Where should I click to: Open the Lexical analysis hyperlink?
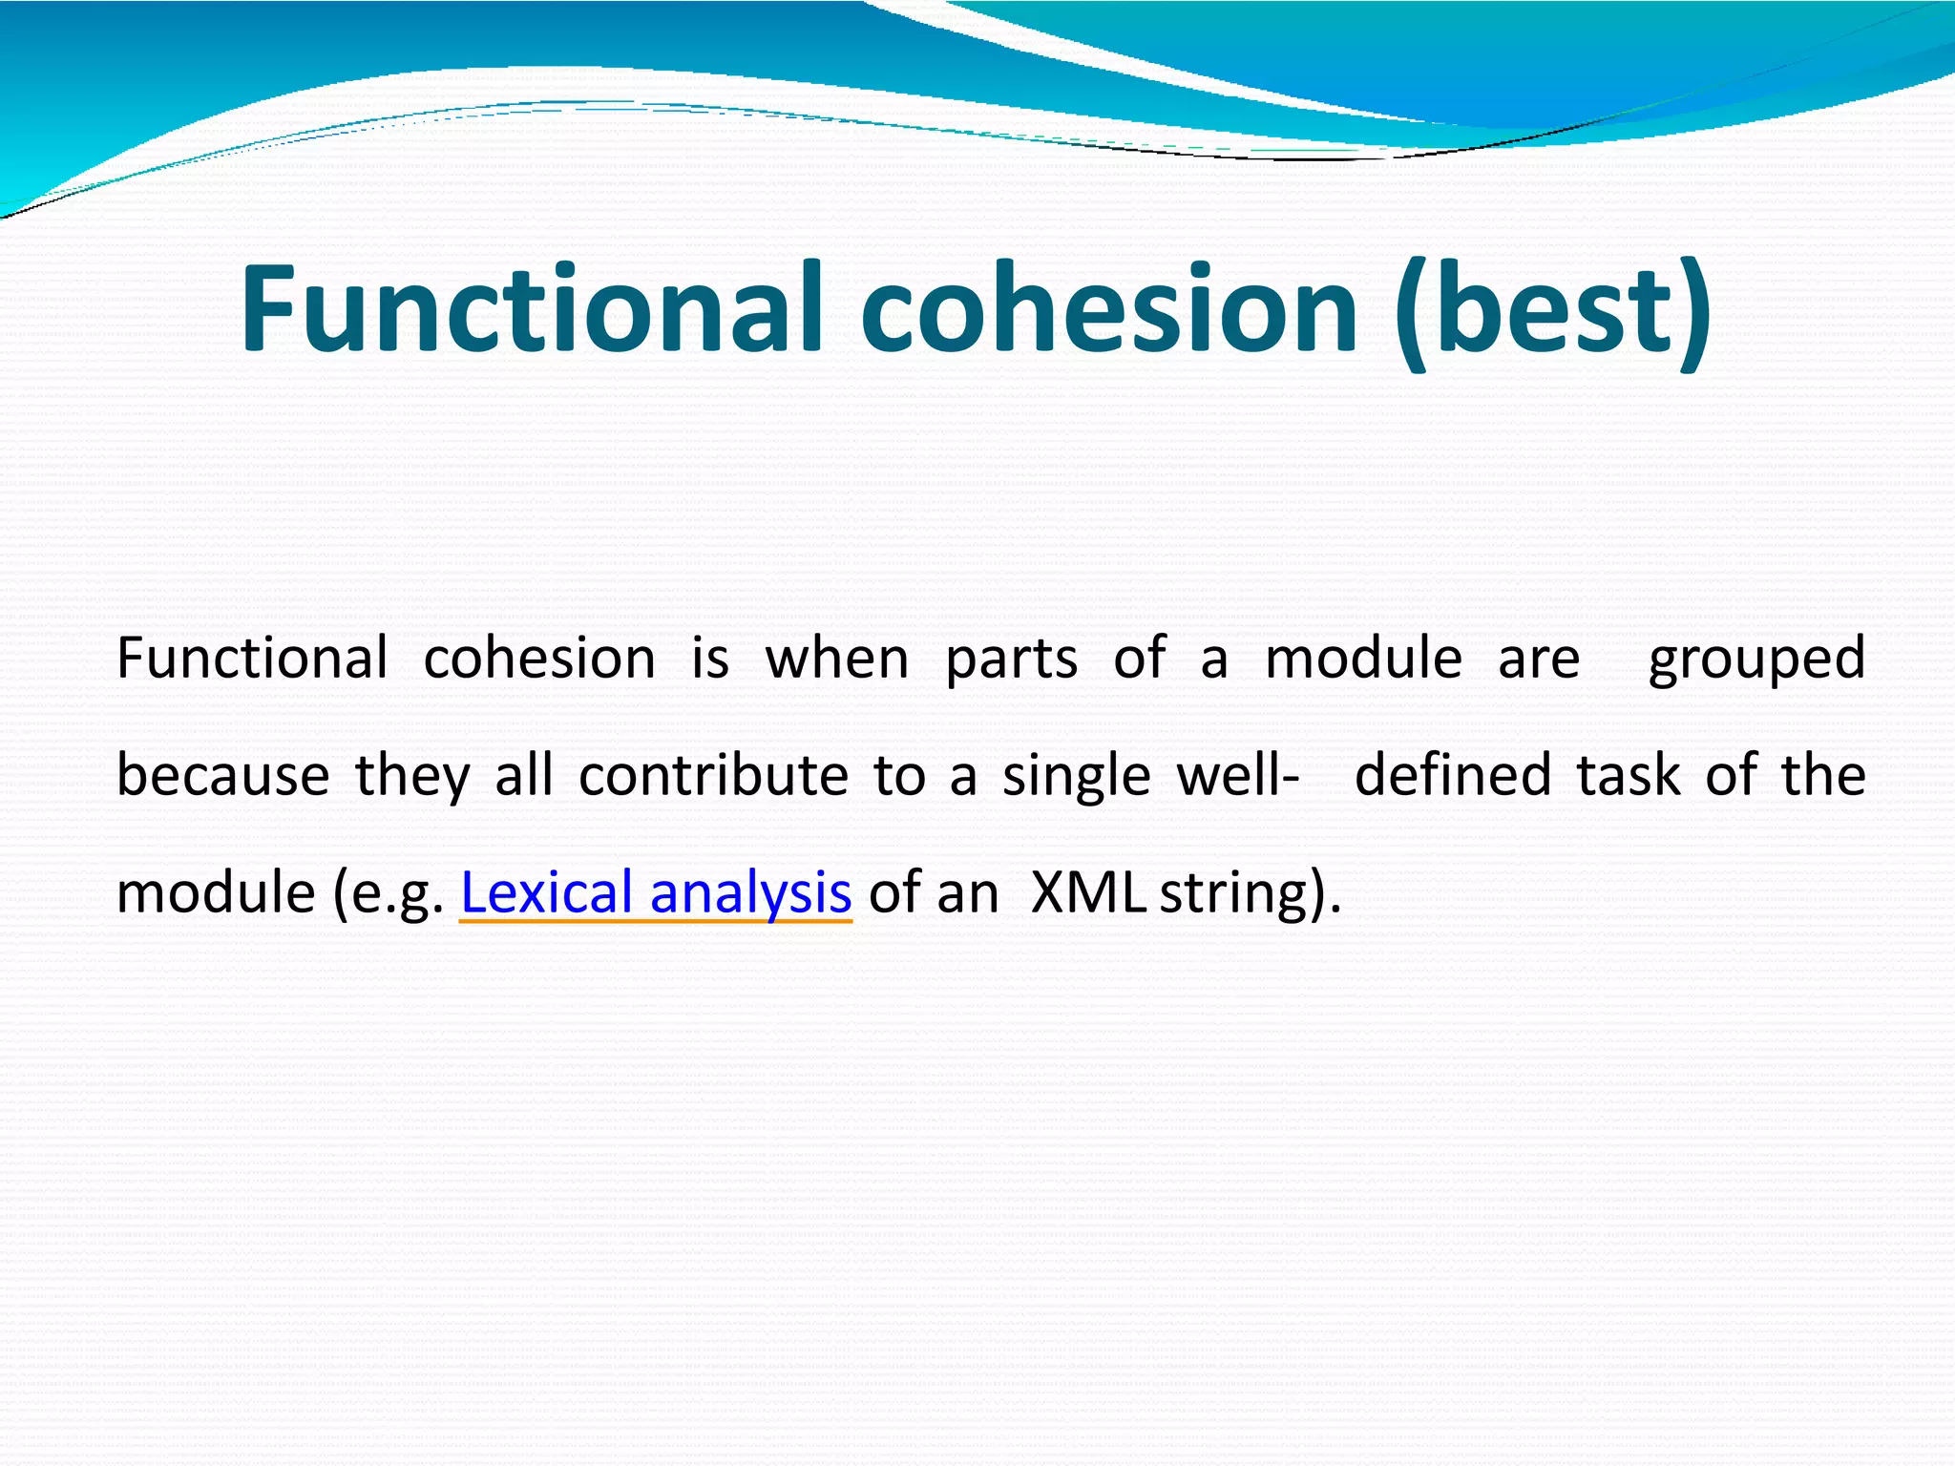click(656, 892)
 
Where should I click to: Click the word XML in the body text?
click(1089, 892)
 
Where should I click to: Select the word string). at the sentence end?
click(1250, 892)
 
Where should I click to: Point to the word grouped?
click(1756, 659)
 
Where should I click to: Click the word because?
click(222, 775)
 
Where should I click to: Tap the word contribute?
click(713, 775)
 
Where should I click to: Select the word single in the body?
click(1076, 775)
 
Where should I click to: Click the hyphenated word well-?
click(1237, 775)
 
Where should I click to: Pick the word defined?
click(1452, 775)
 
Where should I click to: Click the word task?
click(1628, 775)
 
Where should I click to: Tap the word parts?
click(1011, 659)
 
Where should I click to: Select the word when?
click(837, 659)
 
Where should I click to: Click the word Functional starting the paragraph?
click(252, 659)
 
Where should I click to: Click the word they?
click(412, 775)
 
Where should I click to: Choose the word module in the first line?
click(1363, 659)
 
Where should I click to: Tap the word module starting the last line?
click(216, 892)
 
